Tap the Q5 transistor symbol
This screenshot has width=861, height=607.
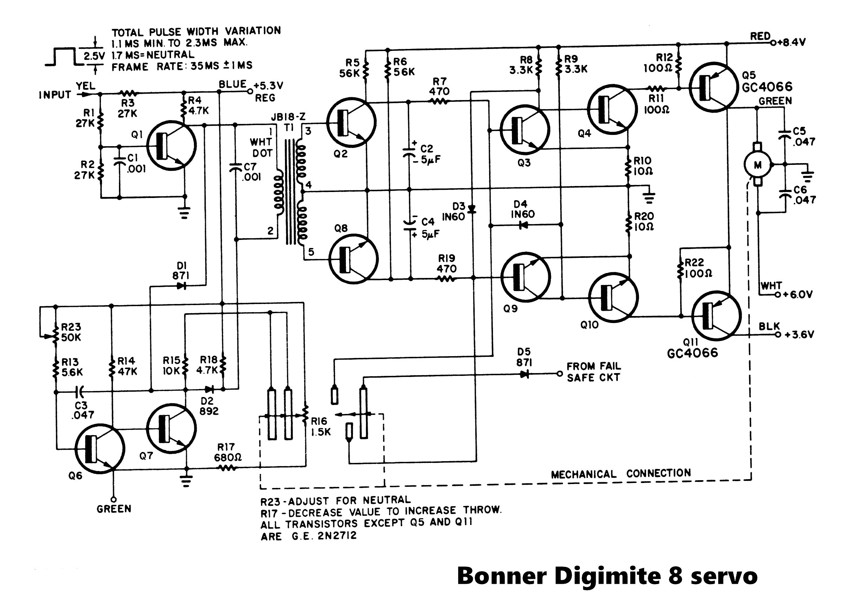click(714, 87)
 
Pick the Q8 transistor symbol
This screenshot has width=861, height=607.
click(353, 259)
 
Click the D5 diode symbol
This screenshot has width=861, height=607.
click(524, 374)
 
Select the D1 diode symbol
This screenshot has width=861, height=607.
click(182, 286)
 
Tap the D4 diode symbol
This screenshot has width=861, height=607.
click(524, 225)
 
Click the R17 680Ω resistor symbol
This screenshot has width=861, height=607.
click(227, 468)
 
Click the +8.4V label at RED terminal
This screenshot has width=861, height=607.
click(791, 42)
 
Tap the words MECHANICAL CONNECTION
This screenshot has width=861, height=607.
click(621, 473)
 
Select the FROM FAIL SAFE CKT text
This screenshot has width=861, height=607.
click(593, 372)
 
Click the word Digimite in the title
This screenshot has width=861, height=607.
click(608, 575)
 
